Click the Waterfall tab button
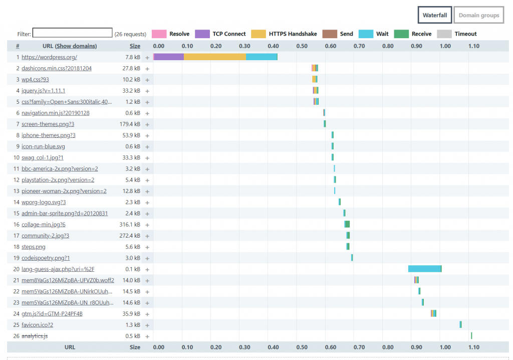point(435,15)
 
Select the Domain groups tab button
point(478,15)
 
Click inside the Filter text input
point(72,33)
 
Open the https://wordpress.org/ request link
point(49,57)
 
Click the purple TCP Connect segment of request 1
point(168,57)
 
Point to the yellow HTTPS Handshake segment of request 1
point(214,57)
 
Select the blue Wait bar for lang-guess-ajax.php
point(424,269)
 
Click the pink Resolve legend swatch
point(159,34)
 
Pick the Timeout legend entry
point(465,34)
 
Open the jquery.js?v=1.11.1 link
point(44,91)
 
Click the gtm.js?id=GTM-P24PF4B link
point(52,314)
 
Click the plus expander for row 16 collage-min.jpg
point(147,225)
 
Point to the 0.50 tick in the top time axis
point(302,46)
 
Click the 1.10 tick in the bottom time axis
point(473,347)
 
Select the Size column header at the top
point(135,46)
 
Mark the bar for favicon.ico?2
point(460,325)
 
